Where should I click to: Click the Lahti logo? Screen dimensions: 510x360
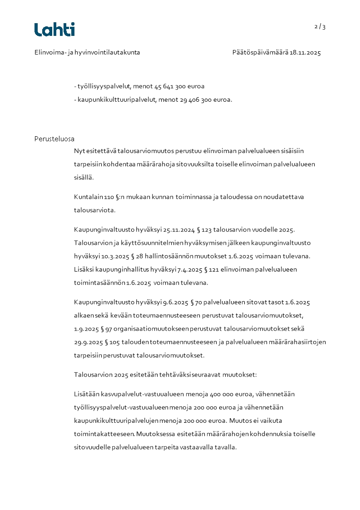[x=54, y=30]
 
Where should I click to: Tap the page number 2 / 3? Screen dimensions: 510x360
[x=320, y=27]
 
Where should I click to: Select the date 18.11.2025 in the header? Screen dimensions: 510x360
[x=305, y=53]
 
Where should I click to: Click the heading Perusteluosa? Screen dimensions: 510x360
[x=54, y=139]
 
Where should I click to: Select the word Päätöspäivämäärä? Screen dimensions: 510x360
[x=260, y=53]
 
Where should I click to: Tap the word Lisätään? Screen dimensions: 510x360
[x=86, y=394]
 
